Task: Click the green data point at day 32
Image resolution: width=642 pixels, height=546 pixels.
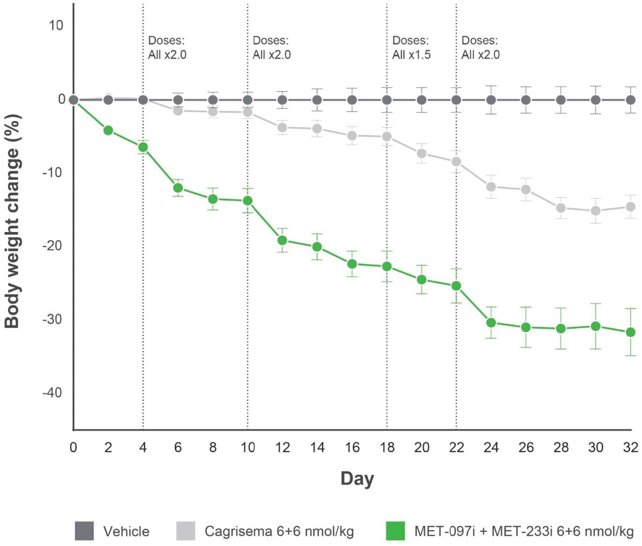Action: pos(631,332)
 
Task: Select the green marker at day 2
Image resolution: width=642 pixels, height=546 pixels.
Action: pos(108,130)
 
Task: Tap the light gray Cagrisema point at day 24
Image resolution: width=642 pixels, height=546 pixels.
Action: pos(491,187)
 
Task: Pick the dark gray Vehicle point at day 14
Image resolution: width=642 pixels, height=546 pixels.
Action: pos(317,100)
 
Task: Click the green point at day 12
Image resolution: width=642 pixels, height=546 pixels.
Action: pos(282,240)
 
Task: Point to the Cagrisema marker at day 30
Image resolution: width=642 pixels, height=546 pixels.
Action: pos(596,211)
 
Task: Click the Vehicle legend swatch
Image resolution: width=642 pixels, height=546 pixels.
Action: pos(84,531)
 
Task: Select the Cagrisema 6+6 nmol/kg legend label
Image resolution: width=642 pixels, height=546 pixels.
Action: pos(279,531)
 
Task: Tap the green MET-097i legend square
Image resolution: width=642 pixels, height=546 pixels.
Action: pos(395,531)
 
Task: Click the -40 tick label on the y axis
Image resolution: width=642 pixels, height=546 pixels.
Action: pos(52,392)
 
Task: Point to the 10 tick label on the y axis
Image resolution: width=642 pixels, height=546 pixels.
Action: pos(56,26)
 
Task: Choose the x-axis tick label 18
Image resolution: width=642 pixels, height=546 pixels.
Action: pos(387,448)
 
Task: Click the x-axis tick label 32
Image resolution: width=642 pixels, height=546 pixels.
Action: pos(631,448)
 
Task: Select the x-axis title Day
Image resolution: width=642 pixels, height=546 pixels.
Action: pos(357,479)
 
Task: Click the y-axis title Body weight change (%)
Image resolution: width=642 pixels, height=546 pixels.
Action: pos(12,221)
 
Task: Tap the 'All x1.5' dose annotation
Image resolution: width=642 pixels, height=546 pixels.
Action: pos(411,55)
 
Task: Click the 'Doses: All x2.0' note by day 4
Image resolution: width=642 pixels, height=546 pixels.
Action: pos(167,48)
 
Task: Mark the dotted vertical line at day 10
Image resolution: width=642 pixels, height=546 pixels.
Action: pos(248,265)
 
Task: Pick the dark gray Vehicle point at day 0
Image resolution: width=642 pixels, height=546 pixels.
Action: pos(74,100)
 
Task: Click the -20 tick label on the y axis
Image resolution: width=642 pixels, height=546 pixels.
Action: pos(52,245)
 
